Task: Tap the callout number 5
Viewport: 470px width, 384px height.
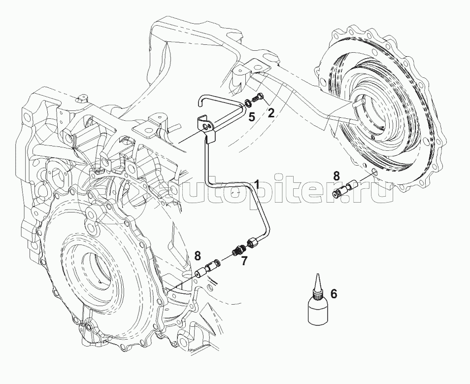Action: click(251, 117)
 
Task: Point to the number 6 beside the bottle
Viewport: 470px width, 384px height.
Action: click(334, 294)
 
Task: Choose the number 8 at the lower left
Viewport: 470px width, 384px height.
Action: click(198, 255)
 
